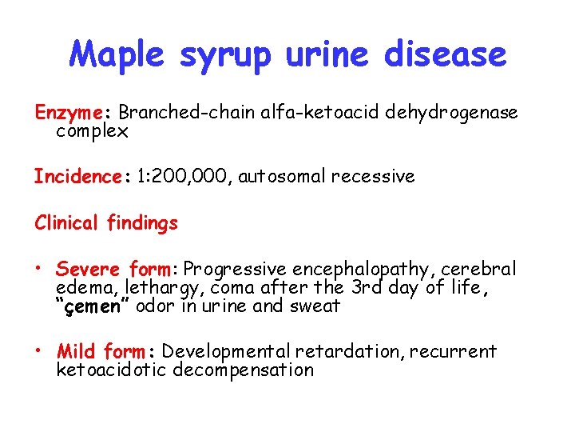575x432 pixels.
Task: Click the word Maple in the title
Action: pyautogui.click(x=117, y=54)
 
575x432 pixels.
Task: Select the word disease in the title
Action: pyautogui.click(x=445, y=54)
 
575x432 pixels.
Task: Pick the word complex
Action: pyautogui.click(x=92, y=131)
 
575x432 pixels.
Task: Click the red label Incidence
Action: pyautogui.click(x=77, y=176)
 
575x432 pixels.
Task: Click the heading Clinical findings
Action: pyautogui.click(x=105, y=223)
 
